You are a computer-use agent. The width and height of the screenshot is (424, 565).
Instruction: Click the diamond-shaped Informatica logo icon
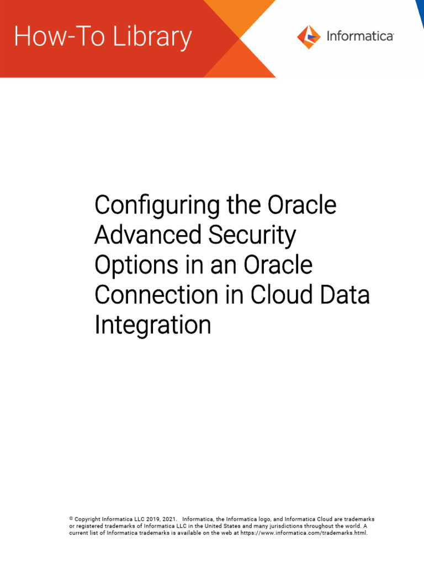pos(309,37)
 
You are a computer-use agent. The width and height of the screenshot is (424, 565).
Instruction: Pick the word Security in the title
pos(252,236)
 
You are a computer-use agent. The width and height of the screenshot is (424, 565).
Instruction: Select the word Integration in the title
pos(152,325)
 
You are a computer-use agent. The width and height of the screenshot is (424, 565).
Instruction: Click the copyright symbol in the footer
pos(71,519)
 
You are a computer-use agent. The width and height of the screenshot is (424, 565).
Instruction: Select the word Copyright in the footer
pos(88,519)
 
